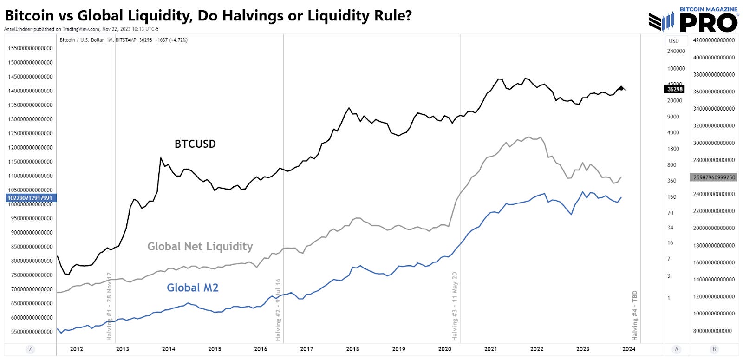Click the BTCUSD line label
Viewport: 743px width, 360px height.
coord(195,144)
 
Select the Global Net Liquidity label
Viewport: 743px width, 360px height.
coord(200,247)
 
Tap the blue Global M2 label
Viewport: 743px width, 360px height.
coord(192,288)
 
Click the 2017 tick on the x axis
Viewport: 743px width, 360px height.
coord(306,349)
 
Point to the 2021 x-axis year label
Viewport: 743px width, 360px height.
coord(490,349)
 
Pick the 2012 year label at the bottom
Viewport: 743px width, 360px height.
coord(76,349)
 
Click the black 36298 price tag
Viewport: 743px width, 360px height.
coord(675,89)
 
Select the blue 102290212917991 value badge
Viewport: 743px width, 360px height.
coord(30,198)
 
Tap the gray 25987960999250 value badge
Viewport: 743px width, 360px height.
coord(714,177)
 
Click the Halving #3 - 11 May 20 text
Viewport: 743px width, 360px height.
coord(455,306)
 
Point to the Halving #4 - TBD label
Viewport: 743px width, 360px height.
coord(635,315)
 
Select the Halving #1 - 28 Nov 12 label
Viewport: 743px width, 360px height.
coord(110,306)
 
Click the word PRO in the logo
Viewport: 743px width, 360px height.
coord(708,23)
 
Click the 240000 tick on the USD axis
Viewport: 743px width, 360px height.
coord(676,51)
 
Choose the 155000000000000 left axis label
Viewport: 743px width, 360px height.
coord(30,48)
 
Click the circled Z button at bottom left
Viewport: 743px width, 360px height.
coord(30,349)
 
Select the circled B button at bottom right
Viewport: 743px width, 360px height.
coord(714,349)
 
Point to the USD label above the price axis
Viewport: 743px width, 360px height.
coord(674,41)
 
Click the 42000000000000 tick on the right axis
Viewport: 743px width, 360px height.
coord(714,40)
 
